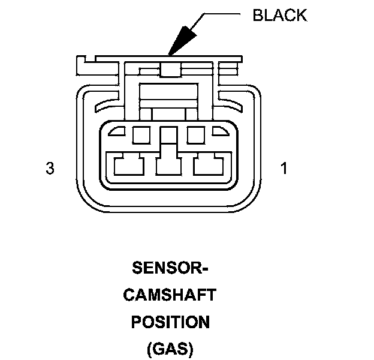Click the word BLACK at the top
[x=279, y=16]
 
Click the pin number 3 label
[x=50, y=169]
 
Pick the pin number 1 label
[x=284, y=169]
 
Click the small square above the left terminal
[x=141, y=135]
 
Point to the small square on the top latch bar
[x=170, y=71]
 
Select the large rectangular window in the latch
[x=170, y=92]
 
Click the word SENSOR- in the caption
[x=170, y=268]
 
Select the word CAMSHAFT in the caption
[x=170, y=295]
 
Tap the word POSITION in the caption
[x=170, y=322]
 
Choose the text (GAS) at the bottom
[x=170, y=349]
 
